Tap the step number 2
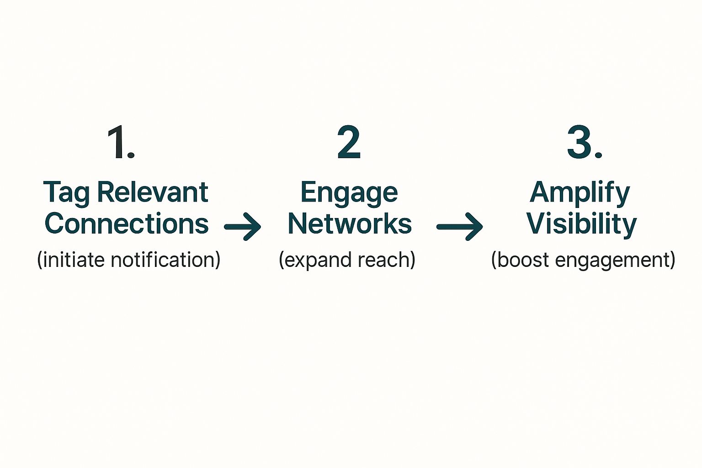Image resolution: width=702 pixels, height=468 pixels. [x=349, y=143]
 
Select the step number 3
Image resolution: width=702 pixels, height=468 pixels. [x=580, y=143]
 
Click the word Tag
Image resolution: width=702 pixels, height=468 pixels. [x=66, y=193]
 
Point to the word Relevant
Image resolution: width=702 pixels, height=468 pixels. [x=153, y=192]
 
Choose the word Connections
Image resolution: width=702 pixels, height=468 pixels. [x=127, y=223]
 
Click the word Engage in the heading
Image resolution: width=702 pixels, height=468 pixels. [x=349, y=193]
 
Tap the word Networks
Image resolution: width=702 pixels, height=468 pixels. [x=350, y=223]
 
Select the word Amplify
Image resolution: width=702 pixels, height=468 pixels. [x=580, y=193]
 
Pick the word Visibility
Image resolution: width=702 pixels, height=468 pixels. [x=581, y=223]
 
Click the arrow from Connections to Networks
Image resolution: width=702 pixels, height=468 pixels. [x=243, y=226]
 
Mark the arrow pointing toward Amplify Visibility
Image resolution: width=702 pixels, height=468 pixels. [x=460, y=226]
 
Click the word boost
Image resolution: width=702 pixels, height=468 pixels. [x=522, y=260]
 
